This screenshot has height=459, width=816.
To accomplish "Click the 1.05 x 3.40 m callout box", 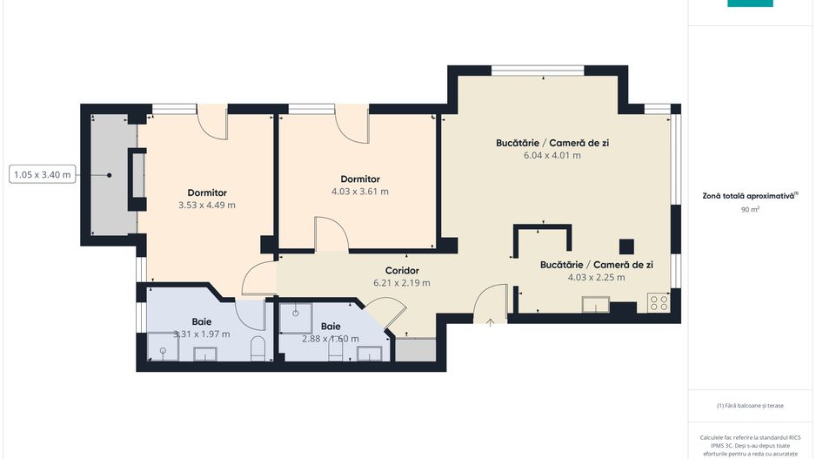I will coord(43,175).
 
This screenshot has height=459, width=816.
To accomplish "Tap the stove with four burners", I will coord(659,303).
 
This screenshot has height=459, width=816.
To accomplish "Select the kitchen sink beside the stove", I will coord(597,304).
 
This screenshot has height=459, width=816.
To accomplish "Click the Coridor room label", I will coord(402,270).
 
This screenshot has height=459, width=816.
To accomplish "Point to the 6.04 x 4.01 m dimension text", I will coord(552,155).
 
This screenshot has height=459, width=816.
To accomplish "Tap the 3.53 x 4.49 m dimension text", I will coord(207,206).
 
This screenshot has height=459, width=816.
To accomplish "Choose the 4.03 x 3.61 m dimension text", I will coord(360,192).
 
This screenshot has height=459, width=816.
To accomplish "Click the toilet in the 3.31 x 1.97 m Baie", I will coord(257,349).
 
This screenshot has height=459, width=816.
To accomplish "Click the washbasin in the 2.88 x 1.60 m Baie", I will coord(369,352).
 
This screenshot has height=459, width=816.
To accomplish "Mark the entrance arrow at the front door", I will coord(491,323).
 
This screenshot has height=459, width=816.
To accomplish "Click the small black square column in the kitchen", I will coord(625,246).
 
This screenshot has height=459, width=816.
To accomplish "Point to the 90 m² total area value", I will coord(750,210).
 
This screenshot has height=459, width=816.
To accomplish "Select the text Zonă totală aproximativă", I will coord(749,197).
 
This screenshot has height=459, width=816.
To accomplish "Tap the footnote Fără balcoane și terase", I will coord(750,405).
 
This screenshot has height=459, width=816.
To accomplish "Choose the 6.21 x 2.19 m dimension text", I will coord(402,283).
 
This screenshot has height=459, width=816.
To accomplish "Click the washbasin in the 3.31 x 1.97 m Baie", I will coord(205,353).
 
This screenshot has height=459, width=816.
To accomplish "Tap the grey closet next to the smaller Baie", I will coord(414,349).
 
